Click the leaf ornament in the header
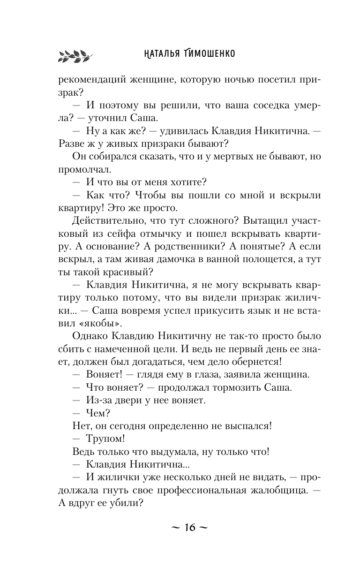[72, 55]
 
